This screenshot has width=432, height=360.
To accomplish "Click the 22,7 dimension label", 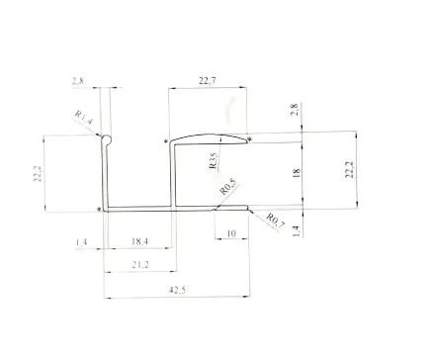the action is (208, 80).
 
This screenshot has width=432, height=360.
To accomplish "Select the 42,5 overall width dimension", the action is (177, 290).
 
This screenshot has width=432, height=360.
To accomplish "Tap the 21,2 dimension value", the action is (140, 264).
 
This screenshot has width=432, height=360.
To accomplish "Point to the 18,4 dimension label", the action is (139, 241).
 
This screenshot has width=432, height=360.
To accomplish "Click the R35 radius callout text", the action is (214, 161).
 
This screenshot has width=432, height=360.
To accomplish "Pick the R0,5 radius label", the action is (228, 187).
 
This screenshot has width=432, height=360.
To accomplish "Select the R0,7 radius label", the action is (275, 221).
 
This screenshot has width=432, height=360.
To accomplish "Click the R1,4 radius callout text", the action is (84, 118).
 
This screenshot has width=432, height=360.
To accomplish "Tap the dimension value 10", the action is (231, 233).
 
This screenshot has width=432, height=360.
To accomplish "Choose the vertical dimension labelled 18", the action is (297, 172).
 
